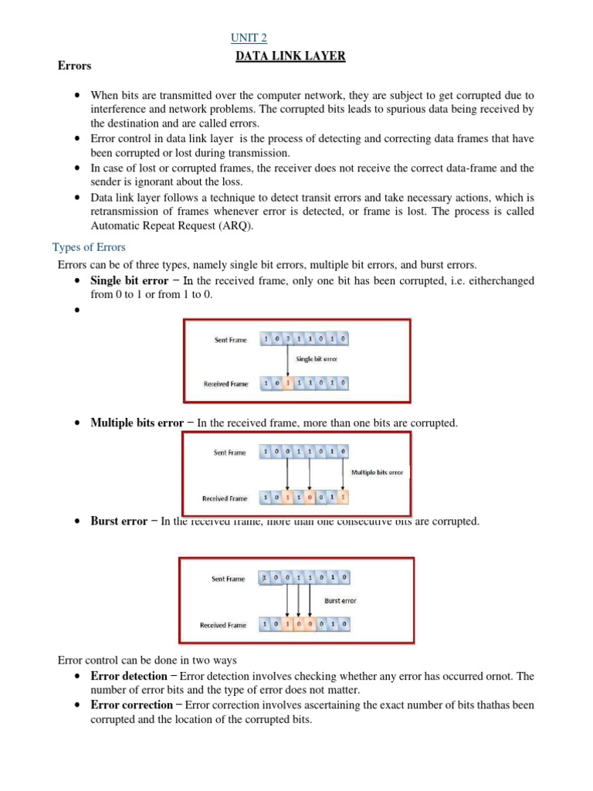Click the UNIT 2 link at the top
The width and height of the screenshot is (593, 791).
[249, 38]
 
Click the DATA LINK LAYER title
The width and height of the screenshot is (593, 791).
[290, 56]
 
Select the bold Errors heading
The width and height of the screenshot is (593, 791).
[74, 66]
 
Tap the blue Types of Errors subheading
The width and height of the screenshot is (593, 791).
[89, 247]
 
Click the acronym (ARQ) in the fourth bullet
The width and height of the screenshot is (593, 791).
[234, 226]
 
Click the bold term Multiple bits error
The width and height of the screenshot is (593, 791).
[137, 423]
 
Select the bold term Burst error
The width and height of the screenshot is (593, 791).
[118, 521]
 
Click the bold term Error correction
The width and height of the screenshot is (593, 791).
[132, 705]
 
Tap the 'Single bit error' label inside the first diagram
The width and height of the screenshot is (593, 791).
[317, 359]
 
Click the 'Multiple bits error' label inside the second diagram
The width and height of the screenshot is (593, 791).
[377, 472]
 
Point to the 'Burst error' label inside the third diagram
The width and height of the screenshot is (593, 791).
[341, 600]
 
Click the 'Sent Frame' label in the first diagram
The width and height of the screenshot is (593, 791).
[231, 340]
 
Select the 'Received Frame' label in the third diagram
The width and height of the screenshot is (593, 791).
[223, 625]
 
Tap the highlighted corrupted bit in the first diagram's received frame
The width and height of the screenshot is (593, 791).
[288, 383]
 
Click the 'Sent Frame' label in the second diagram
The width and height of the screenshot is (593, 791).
[231, 453]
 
